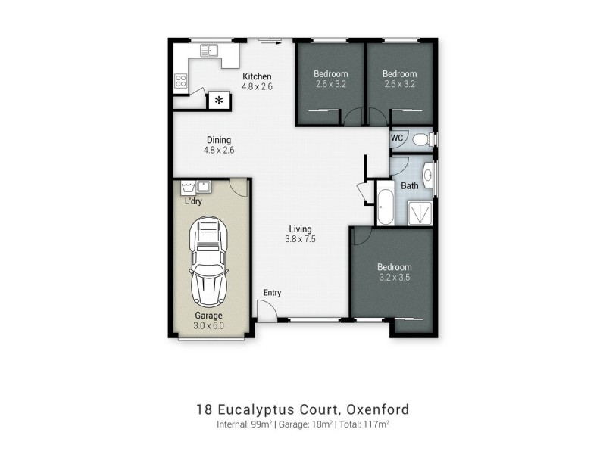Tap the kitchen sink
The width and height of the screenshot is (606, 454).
click(x=209, y=51)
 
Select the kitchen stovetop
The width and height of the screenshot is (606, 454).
click(x=182, y=80)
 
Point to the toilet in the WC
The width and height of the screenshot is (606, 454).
click(x=426, y=139)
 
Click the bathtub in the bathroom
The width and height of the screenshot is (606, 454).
click(x=384, y=205)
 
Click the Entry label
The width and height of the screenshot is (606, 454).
click(x=272, y=293)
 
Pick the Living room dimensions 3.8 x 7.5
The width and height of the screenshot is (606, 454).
click(x=299, y=239)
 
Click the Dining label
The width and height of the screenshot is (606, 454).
click(x=219, y=140)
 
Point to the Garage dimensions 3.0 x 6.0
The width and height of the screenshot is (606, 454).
click(x=208, y=326)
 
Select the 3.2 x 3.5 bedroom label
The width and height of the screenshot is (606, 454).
click(x=395, y=278)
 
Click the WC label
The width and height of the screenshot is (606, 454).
click(x=397, y=138)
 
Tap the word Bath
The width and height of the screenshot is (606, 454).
click(x=410, y=185)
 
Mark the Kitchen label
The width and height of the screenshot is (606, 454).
click(x=257, y=76)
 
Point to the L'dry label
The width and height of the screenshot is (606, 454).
click(x=193, y=201)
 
